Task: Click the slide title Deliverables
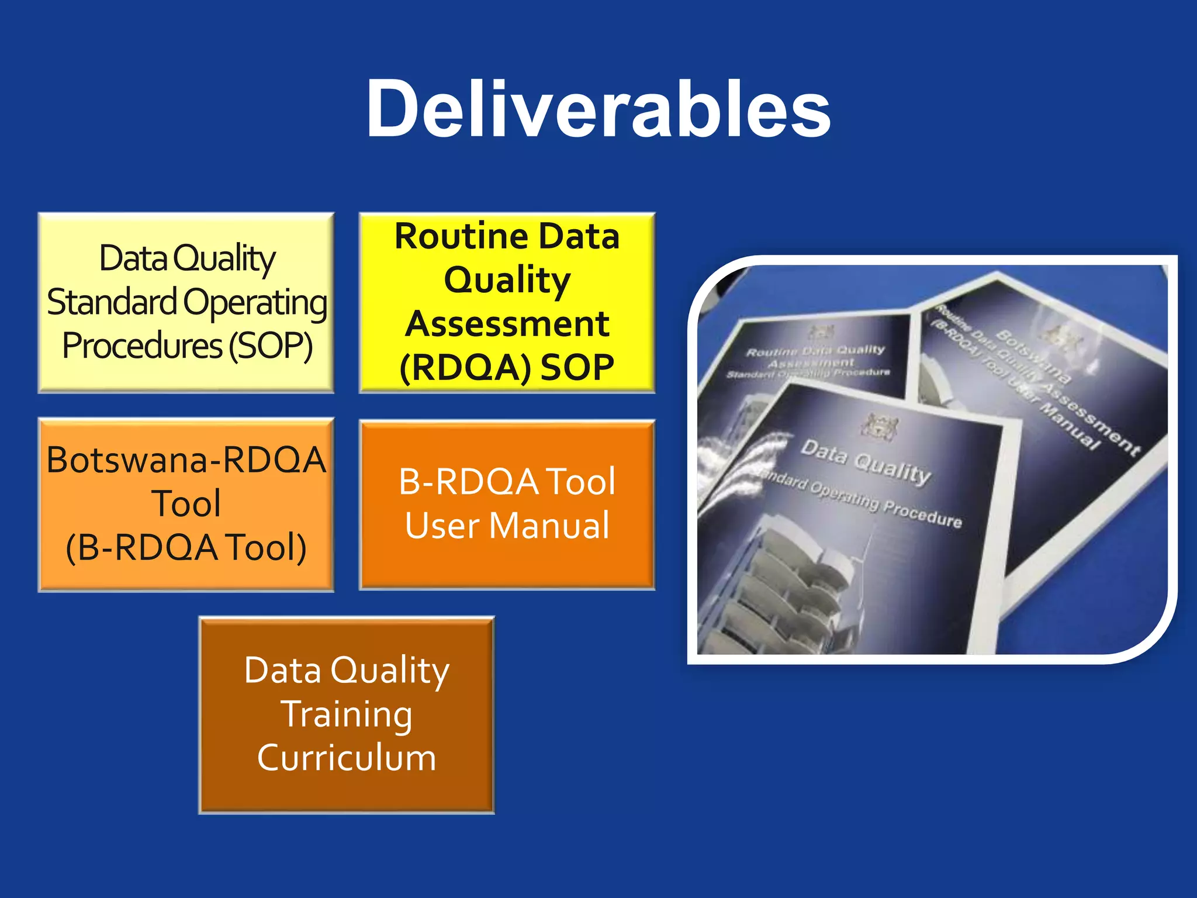[x=598, y=110]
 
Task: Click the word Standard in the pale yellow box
[x=112, y=302]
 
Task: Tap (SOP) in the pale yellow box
[x=270, y=346]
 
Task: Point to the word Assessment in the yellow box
[x=507, y=324]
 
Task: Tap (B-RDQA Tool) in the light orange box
[x=186, y=548]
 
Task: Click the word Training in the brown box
[x=347, y=714]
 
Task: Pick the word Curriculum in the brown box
[x=347, y=758]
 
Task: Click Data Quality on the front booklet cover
[x=865, y=462]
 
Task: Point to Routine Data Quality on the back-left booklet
[x=815, y=351]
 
